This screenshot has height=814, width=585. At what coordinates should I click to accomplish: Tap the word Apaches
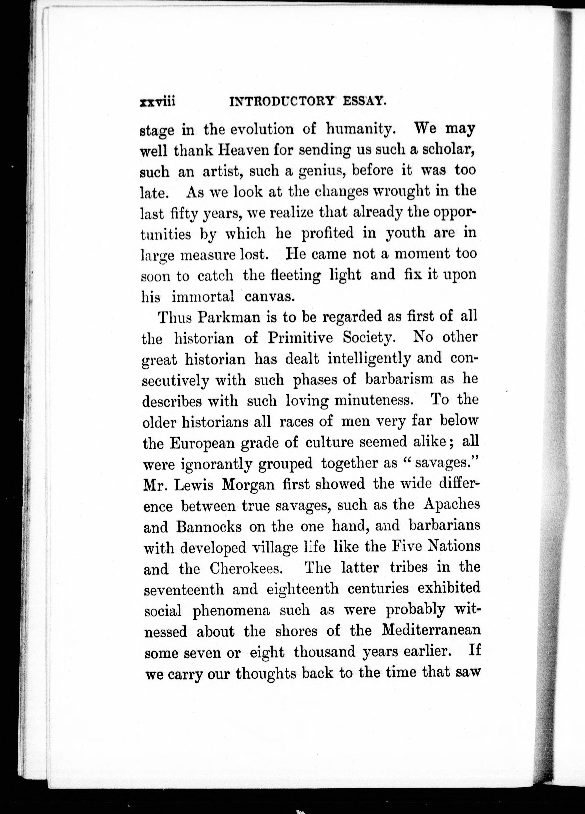pos(451,505)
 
